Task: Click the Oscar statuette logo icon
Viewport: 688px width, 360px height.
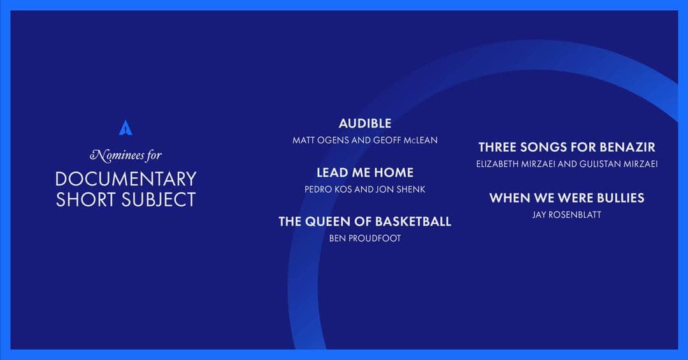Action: tap(125, 127)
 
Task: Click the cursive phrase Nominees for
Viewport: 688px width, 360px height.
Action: tap(126, 155)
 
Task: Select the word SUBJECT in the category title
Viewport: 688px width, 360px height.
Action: tap(159, 199)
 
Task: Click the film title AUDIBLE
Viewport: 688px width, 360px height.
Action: tap(365, 124)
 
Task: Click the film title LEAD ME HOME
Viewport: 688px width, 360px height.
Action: tap(365, 173)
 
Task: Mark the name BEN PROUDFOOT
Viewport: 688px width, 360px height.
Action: tap(365, 238)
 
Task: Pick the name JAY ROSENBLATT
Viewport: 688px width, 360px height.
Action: tap(566, 215)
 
